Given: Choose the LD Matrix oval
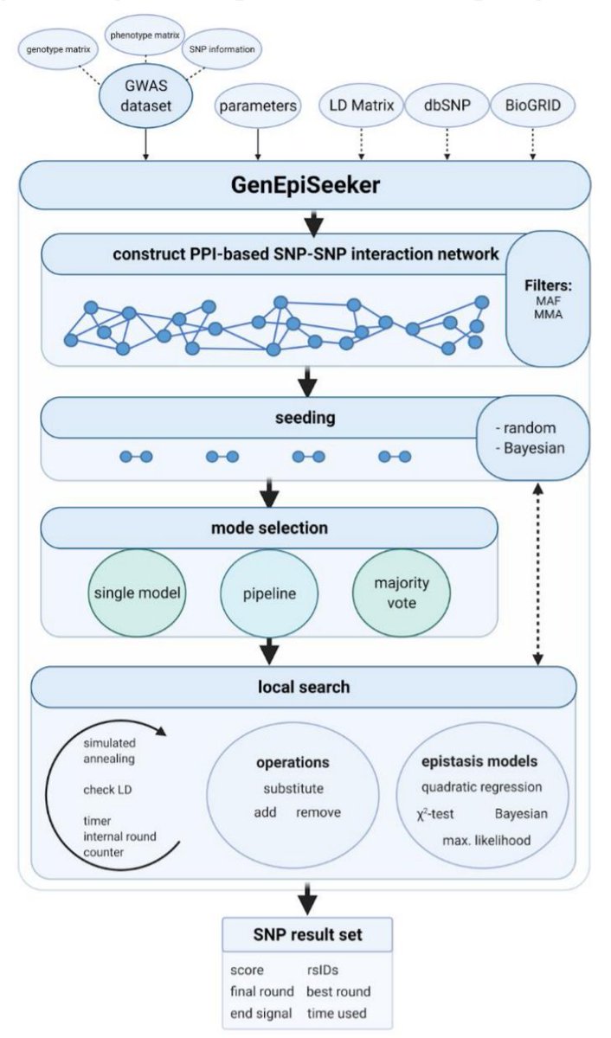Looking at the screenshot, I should pyautogui.click(x=361, y=106).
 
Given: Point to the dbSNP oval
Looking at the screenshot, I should pyautogui.click(x=446, y=106).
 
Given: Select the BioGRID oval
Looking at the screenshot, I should pyautogui.click(x=530, y=106).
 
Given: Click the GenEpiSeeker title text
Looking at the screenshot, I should pyautogui.click(x=305, y=184).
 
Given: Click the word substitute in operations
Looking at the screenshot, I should pyautogui.click(x=293, y=789).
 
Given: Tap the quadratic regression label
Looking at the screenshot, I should pyautogui.click(x=482, y=788).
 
